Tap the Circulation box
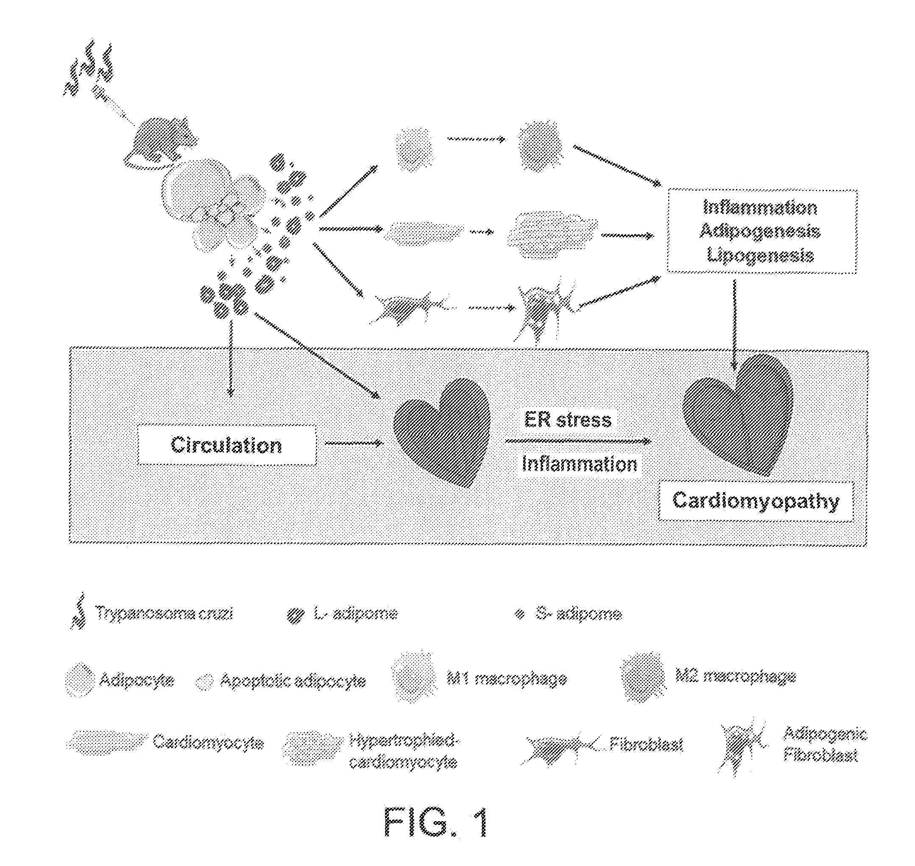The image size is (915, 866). [x=226, y=445]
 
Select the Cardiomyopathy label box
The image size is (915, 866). [x=756, y=501]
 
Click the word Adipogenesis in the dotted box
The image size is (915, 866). [x=760, y=231]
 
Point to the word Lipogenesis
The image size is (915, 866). [x=760, y=255]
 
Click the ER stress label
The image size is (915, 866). [x=567, y=420]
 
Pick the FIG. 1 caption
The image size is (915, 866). [x=435, y=822]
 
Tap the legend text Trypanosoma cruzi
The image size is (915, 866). [x=164, y=613]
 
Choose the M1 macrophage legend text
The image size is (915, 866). [x=506, y=679]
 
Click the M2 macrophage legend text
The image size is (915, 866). [x=735, y=677]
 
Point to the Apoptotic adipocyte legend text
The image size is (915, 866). [x=293, y=681]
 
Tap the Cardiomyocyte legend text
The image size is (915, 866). [x=208, y=742]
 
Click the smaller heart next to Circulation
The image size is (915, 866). [x=441, y=432]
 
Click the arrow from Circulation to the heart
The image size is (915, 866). [x=354, y=443]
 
